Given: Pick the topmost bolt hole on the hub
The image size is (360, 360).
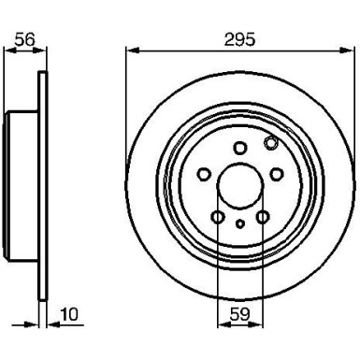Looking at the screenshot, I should click(x=239, y=146).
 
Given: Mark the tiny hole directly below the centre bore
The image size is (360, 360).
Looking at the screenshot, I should click(x=239, y=223).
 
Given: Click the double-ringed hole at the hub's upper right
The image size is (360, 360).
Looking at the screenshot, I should click(x=271, y=143).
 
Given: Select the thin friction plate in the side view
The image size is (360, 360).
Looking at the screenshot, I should click(x=42, y=182).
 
